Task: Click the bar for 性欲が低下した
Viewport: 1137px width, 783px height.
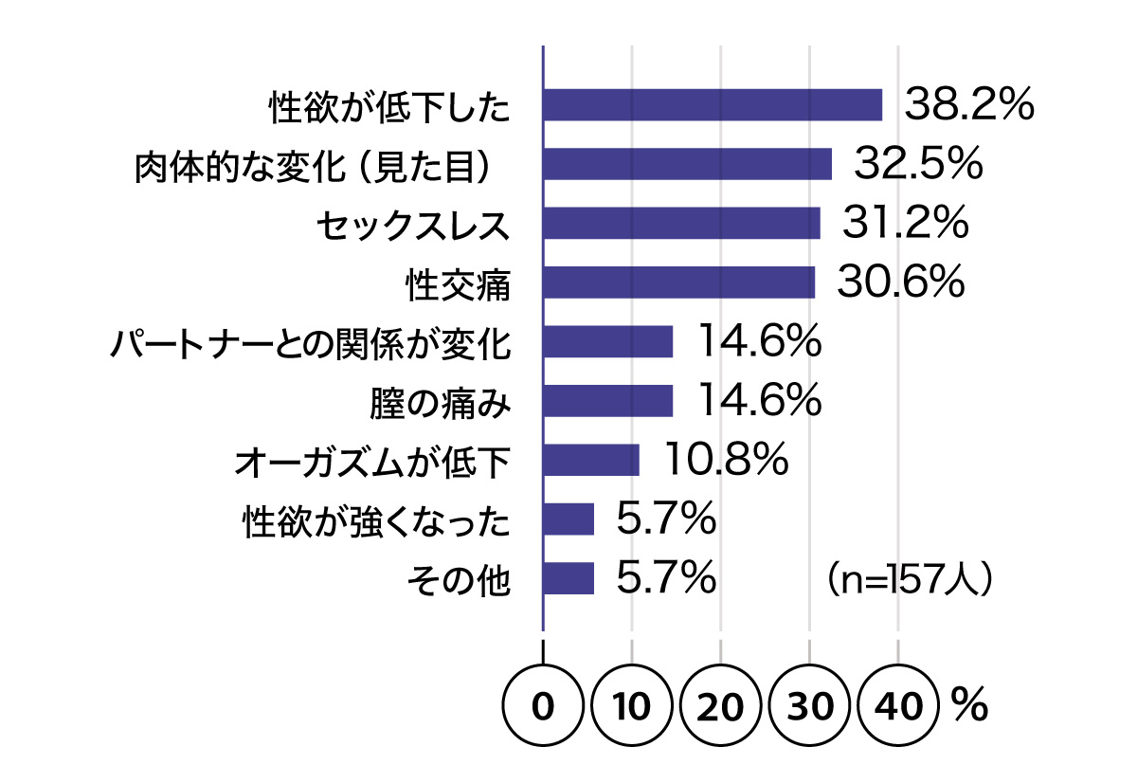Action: (713, 105)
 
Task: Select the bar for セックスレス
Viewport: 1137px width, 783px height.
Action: (681, 224)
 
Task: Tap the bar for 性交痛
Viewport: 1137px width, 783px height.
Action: (678, 282)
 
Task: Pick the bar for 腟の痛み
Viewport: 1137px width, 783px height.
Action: (607, 401)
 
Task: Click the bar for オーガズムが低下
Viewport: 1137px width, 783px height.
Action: (591, 460)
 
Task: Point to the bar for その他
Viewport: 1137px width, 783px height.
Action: (568, 578)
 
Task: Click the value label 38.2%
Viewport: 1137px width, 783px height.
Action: (967, 105)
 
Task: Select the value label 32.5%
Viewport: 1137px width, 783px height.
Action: (916, 165)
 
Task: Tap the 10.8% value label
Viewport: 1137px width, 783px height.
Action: (726, 460)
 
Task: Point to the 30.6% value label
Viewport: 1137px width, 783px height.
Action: (900, 282)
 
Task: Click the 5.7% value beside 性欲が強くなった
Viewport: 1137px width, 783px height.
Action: (665, 519)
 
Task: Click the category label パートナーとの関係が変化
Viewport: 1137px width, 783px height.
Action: (310, 343)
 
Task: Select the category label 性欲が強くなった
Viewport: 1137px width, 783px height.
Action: (376, 520)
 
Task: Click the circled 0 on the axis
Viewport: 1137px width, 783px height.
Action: (542, 707)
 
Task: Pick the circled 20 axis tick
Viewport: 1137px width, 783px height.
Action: (720, 707)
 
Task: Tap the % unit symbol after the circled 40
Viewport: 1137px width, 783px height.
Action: (970, 705)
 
